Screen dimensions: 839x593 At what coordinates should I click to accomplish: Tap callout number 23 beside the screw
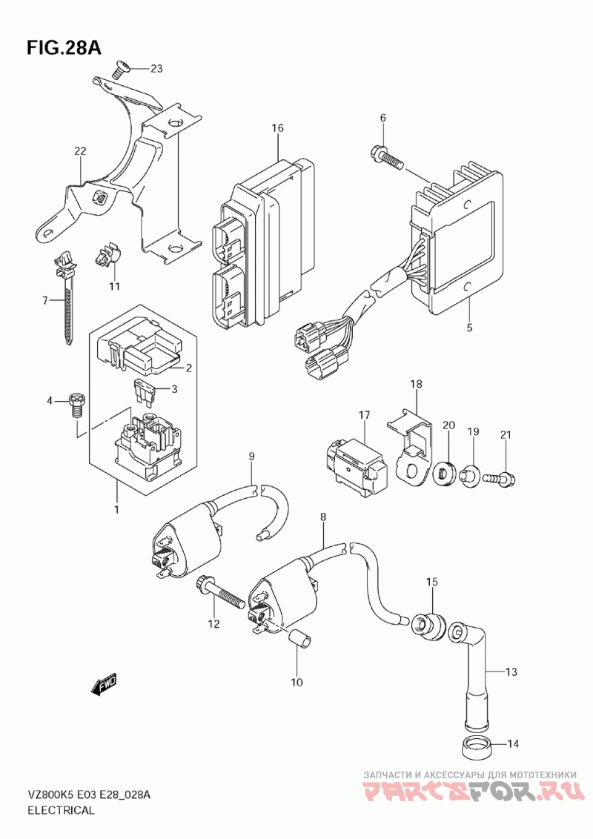[x=156, y=69]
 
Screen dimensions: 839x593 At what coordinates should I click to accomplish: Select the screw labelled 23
[x=121, y=71]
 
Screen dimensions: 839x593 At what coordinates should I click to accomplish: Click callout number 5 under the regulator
[x=469, y=327]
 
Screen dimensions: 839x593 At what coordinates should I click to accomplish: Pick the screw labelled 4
[x=76, y=403]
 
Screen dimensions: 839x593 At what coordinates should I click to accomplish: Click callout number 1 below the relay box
[x=116, y=509]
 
